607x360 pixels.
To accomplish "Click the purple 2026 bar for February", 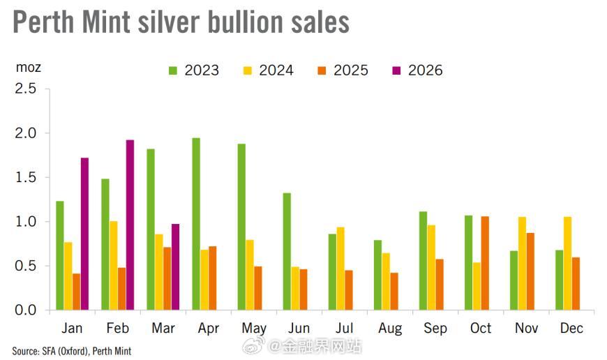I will tap(130, 225).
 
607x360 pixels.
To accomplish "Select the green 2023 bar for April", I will tap(196, 224).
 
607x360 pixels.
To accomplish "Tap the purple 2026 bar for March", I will tap(175, 267).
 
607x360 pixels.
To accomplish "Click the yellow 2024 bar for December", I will tap(567, 263).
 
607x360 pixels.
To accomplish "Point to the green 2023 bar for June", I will tap(287, 251).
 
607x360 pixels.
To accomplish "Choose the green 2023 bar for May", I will tap(241, 227).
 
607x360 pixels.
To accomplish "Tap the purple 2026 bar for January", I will tap(84, 234).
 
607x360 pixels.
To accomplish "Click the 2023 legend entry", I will tap(194, 70).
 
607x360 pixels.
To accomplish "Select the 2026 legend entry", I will tap(417, 70).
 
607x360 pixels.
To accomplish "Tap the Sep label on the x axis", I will tap(435, 328).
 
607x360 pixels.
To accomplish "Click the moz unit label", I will tap(28, 68).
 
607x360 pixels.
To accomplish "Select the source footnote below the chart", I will tap(72, 351).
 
